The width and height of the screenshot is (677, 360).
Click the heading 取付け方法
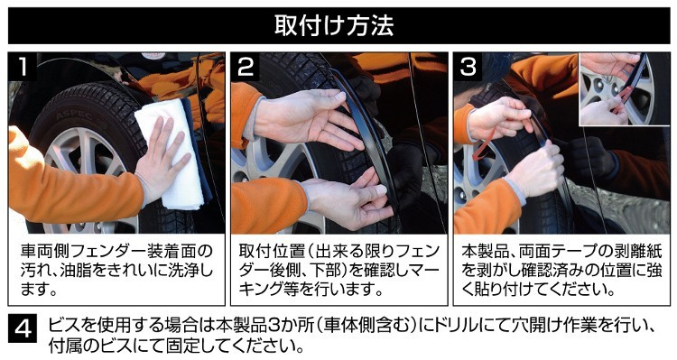click(x=334, y=25)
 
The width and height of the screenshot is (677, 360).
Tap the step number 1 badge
click(x=22, y=67)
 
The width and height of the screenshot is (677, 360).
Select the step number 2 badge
click(x=246, y=67)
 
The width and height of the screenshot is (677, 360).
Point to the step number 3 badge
click(x=468, y=67)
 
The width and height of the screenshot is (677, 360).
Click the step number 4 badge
click(x=23, y=329)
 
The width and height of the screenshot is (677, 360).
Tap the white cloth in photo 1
click(x=171, y=153)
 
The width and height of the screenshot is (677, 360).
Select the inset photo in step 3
click(x=624, y=89)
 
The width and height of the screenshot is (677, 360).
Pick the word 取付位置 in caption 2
click(x=272, y=252)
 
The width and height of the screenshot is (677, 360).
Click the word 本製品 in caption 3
click(x=486, y=252)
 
